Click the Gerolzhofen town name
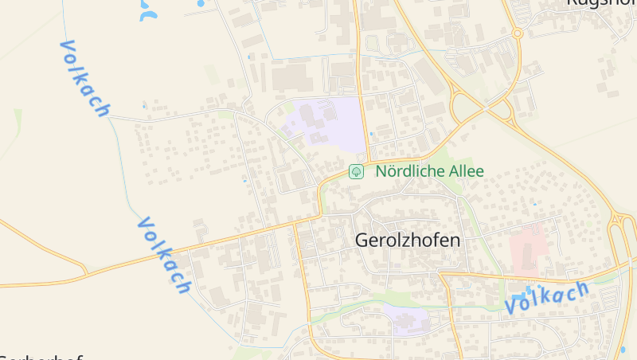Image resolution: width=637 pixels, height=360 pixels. tap(408, 240)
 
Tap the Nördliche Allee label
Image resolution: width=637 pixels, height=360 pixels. tap(429, 171)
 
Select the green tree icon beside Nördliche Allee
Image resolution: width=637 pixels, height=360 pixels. tap(357, 171)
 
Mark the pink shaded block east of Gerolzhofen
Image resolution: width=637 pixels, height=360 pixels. tap(527, 248)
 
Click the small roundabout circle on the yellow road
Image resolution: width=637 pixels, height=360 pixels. tap(517, 33)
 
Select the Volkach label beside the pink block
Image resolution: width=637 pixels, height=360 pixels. tap(546, 297)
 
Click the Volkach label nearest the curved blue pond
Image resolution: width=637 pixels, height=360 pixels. tap(84, 78)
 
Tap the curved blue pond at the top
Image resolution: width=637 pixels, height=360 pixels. tap(148, 10)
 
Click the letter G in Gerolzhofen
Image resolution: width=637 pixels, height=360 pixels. tap(362, 240)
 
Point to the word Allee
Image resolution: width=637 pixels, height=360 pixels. tap(462, 171)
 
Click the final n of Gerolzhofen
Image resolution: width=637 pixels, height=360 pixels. tap(455, 240)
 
